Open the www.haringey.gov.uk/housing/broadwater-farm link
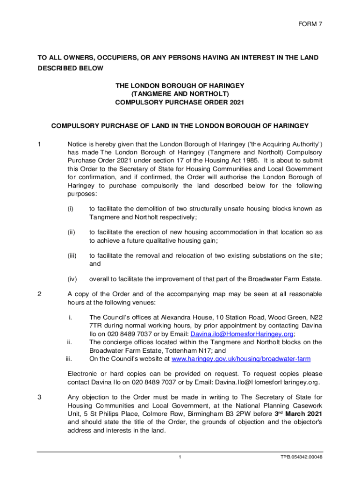coord(241,359)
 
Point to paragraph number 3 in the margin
coord(40,398)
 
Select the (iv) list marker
coord(72,279)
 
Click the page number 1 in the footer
coord(180,457)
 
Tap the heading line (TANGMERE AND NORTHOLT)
coord(180,94)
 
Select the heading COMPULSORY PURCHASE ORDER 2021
coord(180,102)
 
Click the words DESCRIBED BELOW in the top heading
coord(71,68)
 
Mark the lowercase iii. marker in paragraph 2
coord(68,359)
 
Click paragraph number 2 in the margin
coord(40,294)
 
